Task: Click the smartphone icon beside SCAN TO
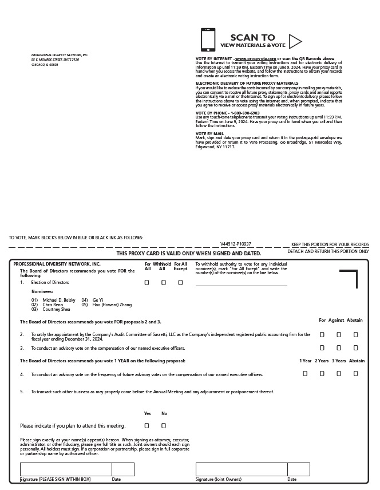(x=208, y=40)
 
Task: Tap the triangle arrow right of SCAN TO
(x=295, y=41)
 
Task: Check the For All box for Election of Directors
(x=147, y=282)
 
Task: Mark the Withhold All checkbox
(x=164, y=282)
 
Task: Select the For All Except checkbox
(x=180, y=282)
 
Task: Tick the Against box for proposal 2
(x=339, y=334)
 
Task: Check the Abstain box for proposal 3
(x=355, y=347)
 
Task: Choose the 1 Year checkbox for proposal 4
(x=305, y=373)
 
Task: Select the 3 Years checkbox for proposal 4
(x=339, y=373)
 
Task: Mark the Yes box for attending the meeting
(x=147, y=425)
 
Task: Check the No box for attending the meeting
(x=164, y=425)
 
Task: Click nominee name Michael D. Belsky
(x=59, y=300)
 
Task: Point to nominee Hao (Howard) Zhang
(x=112, y=305)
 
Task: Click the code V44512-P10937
(x=236, y=244)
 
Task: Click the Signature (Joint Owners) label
(x=219, y=479)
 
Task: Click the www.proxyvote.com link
(x=255, y=58)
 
